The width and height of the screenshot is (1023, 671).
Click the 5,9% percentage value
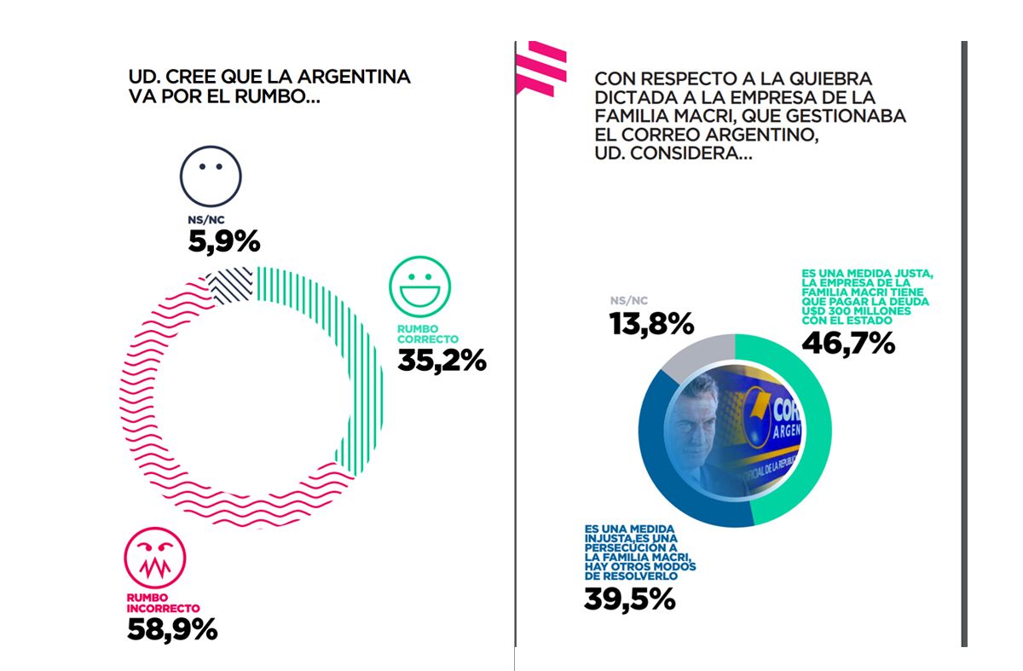pyautogui.click(x=223, y=243)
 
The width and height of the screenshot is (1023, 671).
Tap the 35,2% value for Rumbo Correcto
pyautogui.click(x=442, y=360)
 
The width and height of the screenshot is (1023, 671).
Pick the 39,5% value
pyautogui.click(x=629, y=599)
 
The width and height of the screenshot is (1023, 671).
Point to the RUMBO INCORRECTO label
pyautogui.click(x=163, y=603)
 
